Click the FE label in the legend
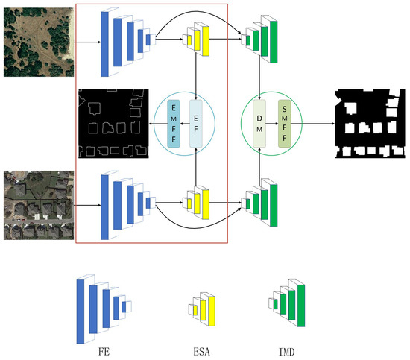pyautogui.click(x=105, y=348)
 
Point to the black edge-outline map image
pyautogui.click(x=113, y=123)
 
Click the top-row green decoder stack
pyautogui.click(x=262, y=36)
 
